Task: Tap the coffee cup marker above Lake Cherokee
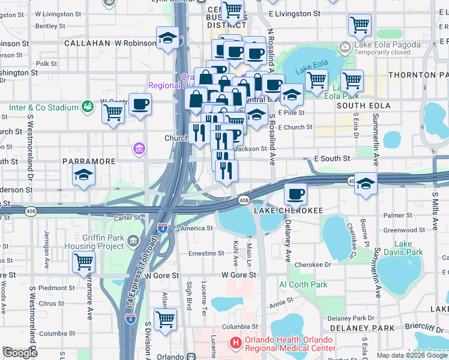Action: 295,194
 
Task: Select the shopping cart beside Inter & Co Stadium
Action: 113,112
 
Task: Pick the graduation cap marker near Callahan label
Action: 167,38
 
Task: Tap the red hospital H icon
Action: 236,343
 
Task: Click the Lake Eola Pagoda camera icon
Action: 345,47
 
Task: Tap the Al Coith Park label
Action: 303,284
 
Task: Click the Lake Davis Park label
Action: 403,248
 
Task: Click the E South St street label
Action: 332,159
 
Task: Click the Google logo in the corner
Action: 20,353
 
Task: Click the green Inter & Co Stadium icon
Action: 88,106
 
